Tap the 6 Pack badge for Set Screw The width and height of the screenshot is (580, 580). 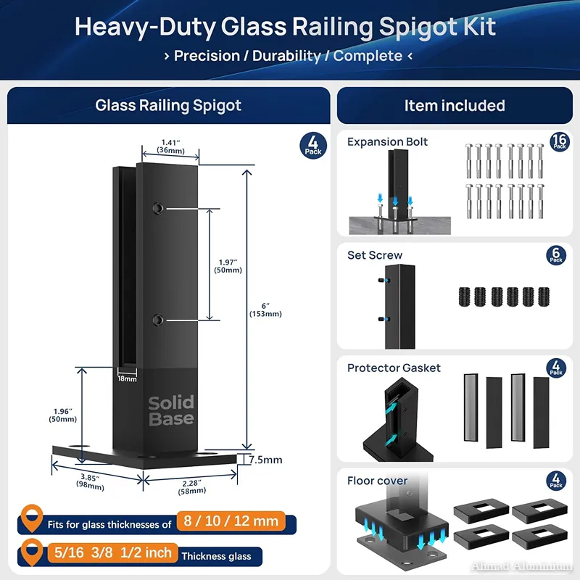(x=556, y=255)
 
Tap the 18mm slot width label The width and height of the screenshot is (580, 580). (x=127, y=378)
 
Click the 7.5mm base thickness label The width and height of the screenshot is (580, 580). (x=265, y=460)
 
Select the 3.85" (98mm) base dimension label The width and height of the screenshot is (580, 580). (x=90, y=482)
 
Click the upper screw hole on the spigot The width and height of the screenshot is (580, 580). (x=156, y=208)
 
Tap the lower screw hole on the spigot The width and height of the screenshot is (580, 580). (x=156, y=319)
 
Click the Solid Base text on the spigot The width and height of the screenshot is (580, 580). (x=171, y=410)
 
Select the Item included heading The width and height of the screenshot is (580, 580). (x=455, y=106)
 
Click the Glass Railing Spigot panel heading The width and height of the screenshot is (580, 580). (x=168, y=106)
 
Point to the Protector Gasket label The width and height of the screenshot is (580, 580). (x=394, y=368)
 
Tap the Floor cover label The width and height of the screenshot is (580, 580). (x=377, y=481)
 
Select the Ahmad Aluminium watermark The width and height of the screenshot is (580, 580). (x=522, y=566)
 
